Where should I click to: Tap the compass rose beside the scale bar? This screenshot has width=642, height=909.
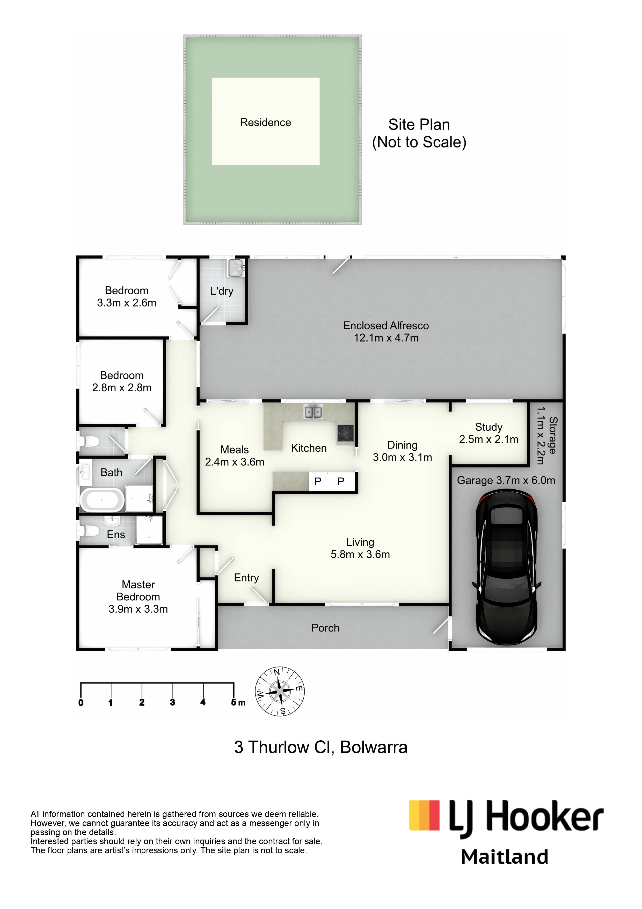(280, 691)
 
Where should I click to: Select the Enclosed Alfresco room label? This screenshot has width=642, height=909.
(386, 331)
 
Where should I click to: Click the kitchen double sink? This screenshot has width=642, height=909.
(313, 412)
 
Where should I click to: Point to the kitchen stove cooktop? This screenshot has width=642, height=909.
(345, 433)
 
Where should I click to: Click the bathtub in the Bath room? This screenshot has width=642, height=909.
(102, 500)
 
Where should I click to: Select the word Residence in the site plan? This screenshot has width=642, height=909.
(265, 122)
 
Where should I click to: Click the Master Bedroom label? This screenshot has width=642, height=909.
(138, 597)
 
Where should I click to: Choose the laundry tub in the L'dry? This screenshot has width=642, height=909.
(236, 268)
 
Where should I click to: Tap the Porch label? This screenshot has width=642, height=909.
(325, 628)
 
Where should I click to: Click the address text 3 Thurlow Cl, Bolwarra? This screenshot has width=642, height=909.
(321, 748)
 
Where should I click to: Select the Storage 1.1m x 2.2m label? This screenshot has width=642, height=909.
(546, 435)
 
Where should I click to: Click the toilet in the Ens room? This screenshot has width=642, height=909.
(89, 530)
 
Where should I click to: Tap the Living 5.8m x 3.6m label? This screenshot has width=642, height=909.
(360, 548)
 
